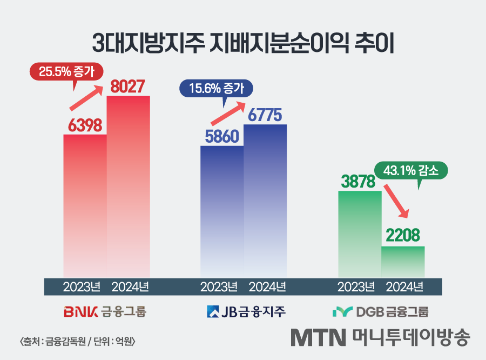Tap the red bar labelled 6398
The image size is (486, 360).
[85, 205]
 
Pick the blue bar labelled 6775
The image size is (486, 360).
[265, 200]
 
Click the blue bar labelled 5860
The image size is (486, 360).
[222, 211]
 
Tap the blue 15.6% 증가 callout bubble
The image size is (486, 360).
[215, 88]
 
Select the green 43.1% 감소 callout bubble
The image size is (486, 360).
[411, 171]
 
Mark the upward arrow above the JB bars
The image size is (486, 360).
[227, 113]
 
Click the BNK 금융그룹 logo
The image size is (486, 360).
[105, 312]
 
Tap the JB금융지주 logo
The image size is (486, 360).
[246, 312]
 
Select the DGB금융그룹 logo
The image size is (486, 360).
[380, 312]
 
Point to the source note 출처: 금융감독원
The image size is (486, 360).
[77, 341]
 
